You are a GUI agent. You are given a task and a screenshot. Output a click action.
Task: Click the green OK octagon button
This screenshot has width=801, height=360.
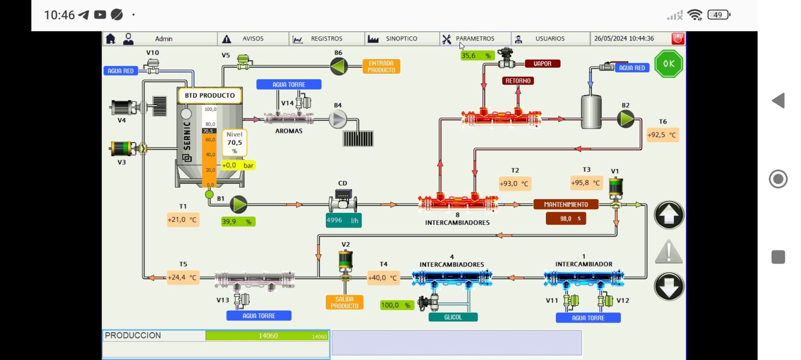669,64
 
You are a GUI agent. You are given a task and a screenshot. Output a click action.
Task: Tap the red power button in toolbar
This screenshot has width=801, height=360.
678,39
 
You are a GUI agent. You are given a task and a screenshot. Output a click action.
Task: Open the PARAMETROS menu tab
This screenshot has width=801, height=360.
475,39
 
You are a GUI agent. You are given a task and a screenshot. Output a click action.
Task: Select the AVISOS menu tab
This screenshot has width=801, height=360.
252,39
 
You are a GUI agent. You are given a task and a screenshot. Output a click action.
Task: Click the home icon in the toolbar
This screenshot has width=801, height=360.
111,39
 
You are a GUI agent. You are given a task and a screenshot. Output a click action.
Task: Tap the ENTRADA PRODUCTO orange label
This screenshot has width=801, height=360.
381,67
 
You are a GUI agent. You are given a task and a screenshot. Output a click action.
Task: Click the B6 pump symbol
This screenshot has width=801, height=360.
339,66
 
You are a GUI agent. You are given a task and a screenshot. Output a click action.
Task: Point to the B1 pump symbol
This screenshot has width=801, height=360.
239,204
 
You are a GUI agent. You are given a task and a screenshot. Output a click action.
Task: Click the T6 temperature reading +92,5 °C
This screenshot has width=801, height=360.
662,135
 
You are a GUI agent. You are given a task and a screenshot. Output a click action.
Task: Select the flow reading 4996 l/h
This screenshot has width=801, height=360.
343,220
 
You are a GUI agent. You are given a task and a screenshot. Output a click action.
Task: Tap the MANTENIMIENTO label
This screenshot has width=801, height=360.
566,204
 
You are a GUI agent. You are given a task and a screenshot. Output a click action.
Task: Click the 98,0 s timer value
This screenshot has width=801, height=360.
566,219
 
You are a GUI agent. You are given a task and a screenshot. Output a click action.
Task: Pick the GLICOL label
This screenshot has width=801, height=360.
453,317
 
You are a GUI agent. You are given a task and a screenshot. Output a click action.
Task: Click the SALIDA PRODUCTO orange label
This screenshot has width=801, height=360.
345,302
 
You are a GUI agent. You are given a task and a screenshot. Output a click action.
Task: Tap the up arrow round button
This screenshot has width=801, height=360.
669,215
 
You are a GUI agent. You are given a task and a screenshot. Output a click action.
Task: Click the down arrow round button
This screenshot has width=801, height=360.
669,287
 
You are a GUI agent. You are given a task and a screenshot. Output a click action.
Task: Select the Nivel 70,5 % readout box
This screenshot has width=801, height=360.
234,143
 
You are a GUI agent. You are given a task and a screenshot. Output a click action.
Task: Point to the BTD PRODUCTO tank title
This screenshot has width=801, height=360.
210,96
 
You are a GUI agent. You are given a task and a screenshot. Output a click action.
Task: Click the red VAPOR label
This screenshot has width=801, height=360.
542,64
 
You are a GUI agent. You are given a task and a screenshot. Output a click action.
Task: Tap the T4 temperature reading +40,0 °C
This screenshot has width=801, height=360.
383,278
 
